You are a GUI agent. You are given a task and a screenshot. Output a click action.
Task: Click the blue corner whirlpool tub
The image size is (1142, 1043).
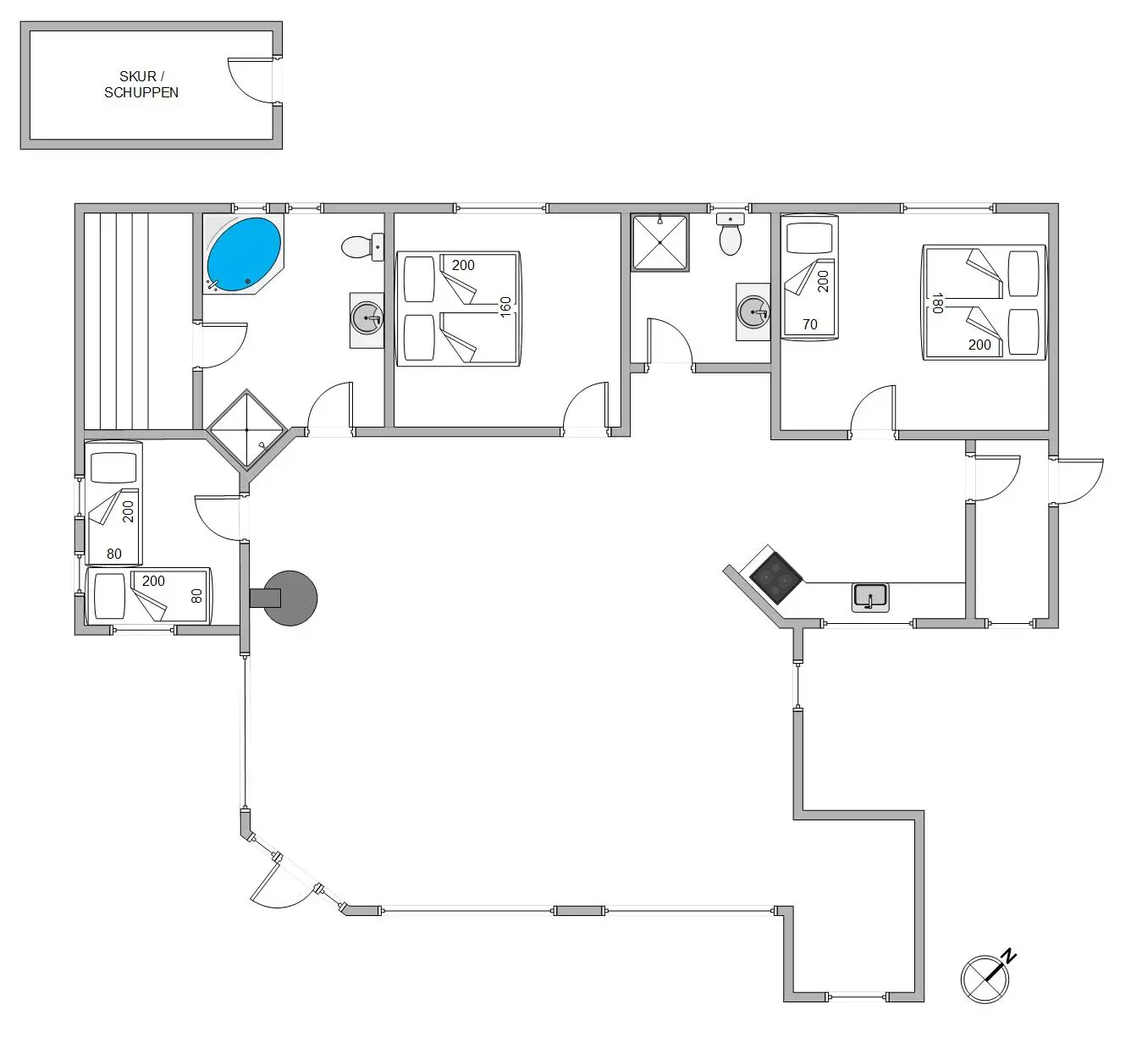tap(244, 254)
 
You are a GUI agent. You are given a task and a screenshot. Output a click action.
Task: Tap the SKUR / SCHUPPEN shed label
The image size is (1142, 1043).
tap(141, 85)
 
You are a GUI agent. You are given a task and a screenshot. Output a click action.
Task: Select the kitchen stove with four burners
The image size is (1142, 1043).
tap(776, 578)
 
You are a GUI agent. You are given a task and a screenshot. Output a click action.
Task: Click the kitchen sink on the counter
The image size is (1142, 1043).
tap(870, 598)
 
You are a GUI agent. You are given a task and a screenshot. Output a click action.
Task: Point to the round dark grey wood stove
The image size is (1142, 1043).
tap(290, 599)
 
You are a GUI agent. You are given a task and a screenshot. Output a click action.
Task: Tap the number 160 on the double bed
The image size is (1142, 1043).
tap(505, 307)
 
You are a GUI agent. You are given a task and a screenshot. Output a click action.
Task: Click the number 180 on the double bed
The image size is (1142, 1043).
tap(938, 303)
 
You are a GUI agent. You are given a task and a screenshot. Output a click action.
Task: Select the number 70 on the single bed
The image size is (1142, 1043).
tap(809, 324)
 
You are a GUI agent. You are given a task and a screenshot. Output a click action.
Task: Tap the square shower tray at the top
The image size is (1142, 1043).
tap(660, 242)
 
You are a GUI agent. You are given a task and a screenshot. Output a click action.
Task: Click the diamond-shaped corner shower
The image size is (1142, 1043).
tap(246, 430)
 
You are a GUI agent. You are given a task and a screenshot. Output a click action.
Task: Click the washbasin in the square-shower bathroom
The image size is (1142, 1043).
tap(753, 312)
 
